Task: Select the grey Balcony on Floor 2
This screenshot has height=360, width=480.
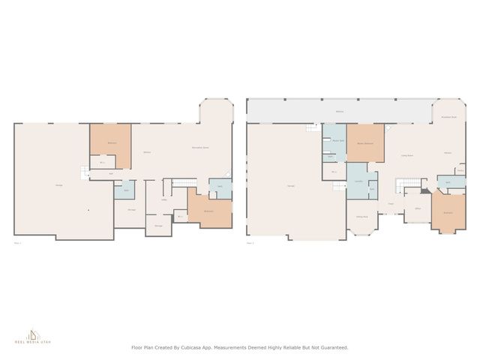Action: tap(339, 111)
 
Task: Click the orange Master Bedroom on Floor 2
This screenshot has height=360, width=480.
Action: tap(365, 143)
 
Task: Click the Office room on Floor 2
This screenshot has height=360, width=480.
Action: tap(417, 209)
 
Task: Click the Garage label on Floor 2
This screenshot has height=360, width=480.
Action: tap(290, 185)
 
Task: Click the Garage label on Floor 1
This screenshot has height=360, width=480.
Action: tap(58, 185)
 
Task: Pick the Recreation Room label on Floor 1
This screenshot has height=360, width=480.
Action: tap(200, 147)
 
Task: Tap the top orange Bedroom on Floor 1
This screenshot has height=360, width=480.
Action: tap(111, 142)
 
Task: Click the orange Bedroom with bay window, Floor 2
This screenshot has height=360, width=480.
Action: tap(448, 212)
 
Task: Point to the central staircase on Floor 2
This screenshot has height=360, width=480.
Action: tap(405, 185)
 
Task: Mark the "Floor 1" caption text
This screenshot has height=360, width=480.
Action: tap(18, 243)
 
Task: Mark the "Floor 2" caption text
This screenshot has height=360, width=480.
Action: tap(250, 243)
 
